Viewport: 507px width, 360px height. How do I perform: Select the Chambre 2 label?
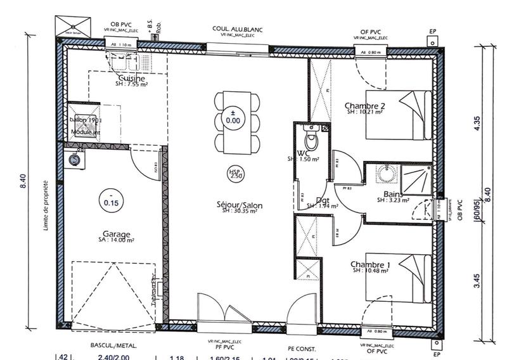pyautogui.click(x=365, y=105)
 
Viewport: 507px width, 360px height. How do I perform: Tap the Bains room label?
pyautogui.click(x=394, y=195)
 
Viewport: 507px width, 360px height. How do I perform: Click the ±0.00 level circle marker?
pyautogui.click(x=233, y=117)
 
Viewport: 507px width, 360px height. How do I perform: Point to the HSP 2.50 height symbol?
pyautogui.click(x=236, y=174)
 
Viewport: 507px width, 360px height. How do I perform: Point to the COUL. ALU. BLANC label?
pyautogui.click(x=238, y=29)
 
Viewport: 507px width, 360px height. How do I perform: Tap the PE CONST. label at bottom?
pyautogui.click(x=302, y=349)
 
